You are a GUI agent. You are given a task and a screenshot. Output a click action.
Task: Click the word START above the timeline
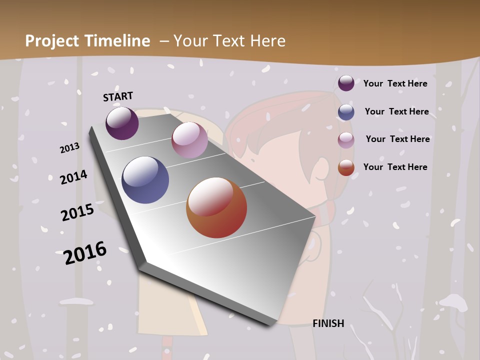pyautogui.click(x=118, y=96)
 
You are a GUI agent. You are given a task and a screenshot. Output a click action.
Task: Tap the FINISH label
pyautogui.click(x=328, y=323)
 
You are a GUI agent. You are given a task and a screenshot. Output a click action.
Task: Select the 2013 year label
pyautogui.click(x=70, y=148)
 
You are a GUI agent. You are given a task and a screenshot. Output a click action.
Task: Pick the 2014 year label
pyautogui.click(x=74, y=177)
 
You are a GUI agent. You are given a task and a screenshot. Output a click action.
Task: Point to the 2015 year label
pyautogui.click(x=77, y=212)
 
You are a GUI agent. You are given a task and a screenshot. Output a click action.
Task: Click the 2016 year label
pyautogui.click(x=85, y=253)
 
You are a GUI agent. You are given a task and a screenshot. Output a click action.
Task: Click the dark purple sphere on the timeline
pyautogui.click(x=122, y=123)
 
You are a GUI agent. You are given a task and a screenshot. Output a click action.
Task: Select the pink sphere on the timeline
pyautogui.click(x=189, y=140)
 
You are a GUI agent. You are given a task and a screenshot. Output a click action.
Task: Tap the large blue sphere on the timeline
pyautogui.click(x=145, y=180)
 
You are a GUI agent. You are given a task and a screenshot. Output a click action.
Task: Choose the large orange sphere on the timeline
pyautogui.click(x=216, y=207)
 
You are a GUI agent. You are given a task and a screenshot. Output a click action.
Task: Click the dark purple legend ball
pyautogui.click(x=346, y=83)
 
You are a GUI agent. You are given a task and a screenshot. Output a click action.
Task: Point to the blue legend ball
pyautogui.click(x=346, y=112)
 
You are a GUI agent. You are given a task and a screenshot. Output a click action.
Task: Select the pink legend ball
pyautogui.click(x=346, y=140)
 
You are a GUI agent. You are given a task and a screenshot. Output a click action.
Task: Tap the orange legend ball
pyautogui.click(x=346, y=167)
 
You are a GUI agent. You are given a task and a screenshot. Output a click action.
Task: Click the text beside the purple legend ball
pyautogui.click(x=395, y=83)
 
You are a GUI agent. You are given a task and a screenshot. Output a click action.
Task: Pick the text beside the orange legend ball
pyautogui.click(x=395, y=167)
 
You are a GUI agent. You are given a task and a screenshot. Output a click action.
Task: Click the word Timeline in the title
pyautogui.click(x=117, y=41)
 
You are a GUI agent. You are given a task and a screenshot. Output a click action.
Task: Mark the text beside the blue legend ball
pyautogui.click(x=396, y=111)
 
